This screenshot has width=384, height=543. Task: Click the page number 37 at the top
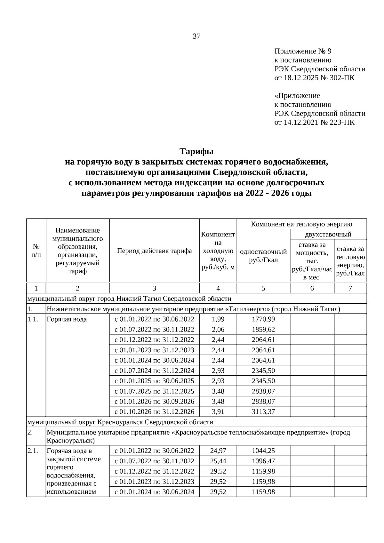(196, 36)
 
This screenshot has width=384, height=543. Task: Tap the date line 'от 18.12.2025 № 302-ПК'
(315, 78)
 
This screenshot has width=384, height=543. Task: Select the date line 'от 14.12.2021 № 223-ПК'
(315, 122)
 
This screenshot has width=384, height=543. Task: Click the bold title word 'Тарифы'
(196, 151)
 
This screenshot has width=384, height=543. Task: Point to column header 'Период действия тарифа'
(154, 251)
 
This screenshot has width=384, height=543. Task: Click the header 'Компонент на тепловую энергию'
(301, 224)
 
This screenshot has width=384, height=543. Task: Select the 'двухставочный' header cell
(328, 234)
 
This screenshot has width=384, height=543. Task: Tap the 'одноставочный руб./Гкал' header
(263, 256)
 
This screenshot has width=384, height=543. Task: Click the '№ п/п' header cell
(36, 251)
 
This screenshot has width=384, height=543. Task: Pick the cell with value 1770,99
(263, 319)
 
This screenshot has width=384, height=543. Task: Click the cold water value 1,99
(218, 319)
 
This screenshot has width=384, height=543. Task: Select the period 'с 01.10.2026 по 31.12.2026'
(154, 411)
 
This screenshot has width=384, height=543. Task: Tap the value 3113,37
(263, 411)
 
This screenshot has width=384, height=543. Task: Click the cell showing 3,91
(218, 411)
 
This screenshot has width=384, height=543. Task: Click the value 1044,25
(263, 451)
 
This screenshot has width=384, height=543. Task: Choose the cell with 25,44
(218, 461)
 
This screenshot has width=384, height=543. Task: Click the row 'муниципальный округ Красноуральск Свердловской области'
(120, 422)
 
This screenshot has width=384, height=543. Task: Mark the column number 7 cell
(350, 288)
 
